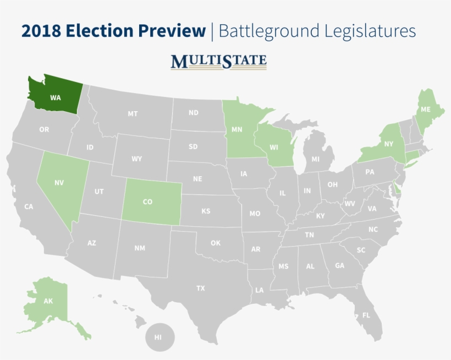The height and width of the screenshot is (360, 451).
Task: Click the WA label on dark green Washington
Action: click(x=55, y=97)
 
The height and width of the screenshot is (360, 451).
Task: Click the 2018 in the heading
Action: click(x=41, y=31)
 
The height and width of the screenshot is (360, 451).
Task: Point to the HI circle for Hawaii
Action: click(x=158, y=337)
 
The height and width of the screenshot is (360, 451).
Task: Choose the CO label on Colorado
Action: click(x=147, y=201)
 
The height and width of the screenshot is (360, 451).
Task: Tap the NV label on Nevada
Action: click(x=59, y=181)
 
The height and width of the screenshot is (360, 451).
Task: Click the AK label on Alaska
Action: click(x=48, y=301)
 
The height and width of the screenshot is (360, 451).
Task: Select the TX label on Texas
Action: click(x=201, y=288)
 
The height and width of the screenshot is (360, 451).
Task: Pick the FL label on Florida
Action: click(x=366, y=315)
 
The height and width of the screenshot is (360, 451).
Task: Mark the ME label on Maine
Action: click(x=425, y=110)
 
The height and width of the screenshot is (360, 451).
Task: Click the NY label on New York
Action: click(x=389, y=144)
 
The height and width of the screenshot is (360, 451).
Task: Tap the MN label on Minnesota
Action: click(x=237, y=130)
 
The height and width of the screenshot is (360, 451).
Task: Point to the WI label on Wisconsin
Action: click(x=273, y=147)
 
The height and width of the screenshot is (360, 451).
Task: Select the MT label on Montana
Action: click(x=133, y=113)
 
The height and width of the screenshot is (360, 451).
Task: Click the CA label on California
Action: click(x=29, y=206)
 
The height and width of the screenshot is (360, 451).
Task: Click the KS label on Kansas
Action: click(x=205, y=211)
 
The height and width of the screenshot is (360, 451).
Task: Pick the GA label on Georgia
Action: click(x=339, y=265)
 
